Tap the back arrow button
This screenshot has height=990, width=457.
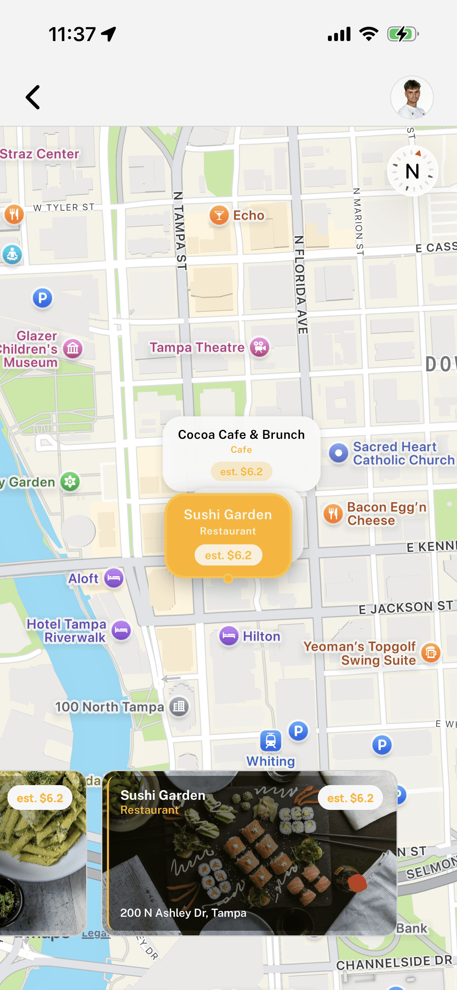(33, 97)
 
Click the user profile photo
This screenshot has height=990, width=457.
(412, 97)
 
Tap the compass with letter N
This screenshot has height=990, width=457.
(412, 171)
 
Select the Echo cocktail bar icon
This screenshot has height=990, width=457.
(219, 215)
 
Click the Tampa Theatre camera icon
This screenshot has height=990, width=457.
(260, 347)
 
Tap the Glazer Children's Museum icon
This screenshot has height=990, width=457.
(73, 349)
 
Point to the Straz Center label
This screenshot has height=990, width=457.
(40, 154)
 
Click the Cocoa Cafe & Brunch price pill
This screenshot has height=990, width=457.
(241, 472)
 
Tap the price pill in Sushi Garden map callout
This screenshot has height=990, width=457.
(228, 555)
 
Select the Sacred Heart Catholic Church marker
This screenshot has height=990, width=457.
(338, 453)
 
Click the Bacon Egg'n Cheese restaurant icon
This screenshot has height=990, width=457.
(333, 514)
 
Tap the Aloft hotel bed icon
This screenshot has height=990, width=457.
(114, 578)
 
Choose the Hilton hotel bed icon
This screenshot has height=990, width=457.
(229, 636)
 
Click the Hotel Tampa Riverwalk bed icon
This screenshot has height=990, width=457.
(121, 630)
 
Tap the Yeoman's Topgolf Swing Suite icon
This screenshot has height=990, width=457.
(431, 653)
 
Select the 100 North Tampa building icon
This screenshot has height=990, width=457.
(179, 707)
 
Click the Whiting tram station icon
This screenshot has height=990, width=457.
(271, 741)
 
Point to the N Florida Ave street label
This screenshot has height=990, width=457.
(300, 285)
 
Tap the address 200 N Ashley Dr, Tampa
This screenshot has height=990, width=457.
(183, 913)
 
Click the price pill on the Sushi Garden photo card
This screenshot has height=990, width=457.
(350, 798)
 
